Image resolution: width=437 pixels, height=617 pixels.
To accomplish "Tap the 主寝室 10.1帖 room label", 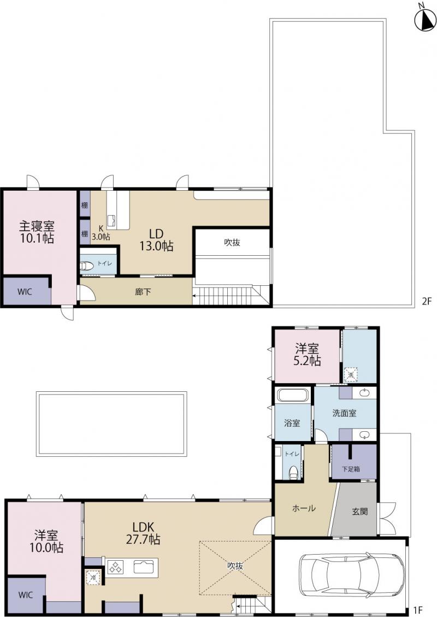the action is point(37,232).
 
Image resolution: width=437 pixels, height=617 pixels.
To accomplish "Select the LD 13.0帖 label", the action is point(156,240).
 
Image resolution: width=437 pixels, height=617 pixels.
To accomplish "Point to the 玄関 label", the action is point(360,512).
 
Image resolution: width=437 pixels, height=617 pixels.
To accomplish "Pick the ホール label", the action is point(304,508).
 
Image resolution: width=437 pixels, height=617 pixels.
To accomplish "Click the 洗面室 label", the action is point(345,413).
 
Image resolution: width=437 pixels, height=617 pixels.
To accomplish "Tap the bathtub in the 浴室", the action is point(292,395).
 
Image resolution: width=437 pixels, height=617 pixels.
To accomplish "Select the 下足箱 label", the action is point(351,469).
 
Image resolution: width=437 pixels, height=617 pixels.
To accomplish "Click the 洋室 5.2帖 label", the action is point(307,354).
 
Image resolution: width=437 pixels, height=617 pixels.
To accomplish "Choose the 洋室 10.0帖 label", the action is point(46,541).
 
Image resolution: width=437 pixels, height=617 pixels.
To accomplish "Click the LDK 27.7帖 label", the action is point(143,533).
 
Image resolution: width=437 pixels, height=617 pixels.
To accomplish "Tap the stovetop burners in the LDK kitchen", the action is point(115,567).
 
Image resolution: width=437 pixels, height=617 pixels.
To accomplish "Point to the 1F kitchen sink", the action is point(145,567).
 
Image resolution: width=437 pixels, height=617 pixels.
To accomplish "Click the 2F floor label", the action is point(427,302).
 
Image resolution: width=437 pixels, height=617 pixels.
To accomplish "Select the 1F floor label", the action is point(418,610).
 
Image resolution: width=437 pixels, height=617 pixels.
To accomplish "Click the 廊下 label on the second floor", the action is point(143,292).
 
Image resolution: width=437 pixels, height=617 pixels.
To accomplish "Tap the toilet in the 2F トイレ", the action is point(86,266).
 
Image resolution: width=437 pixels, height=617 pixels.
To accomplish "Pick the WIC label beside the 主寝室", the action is point(25,292).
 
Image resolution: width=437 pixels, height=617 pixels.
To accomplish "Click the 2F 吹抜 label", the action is point(232,243).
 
